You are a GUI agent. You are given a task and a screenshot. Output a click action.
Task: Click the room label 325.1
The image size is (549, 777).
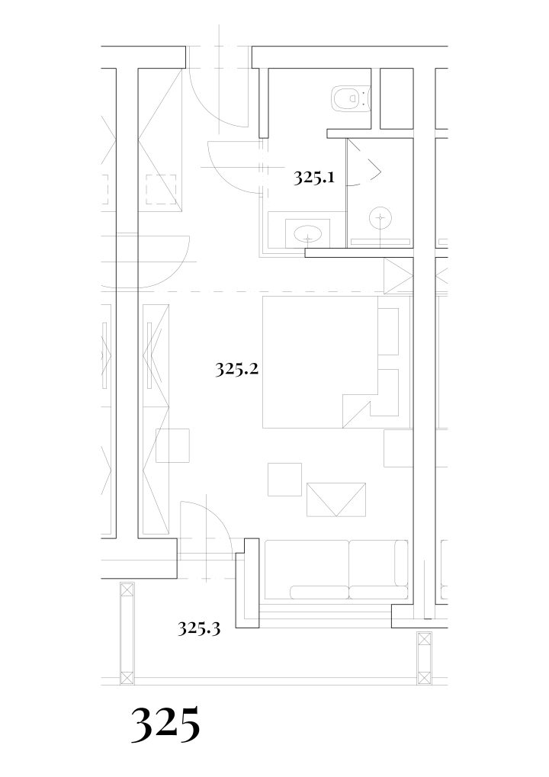[313, 177]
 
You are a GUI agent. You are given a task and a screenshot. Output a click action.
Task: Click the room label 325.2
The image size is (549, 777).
[237, 369]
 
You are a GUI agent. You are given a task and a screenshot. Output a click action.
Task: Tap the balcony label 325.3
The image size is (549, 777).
[199, 629]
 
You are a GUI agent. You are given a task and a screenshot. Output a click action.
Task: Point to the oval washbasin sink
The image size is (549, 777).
[308, 233]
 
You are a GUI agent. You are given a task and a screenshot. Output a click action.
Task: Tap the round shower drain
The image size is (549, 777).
[380, 217]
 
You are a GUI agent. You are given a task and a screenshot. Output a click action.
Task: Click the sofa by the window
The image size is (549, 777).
[336, 570]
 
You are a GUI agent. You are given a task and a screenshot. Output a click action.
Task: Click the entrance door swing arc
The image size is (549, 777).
[219, 98]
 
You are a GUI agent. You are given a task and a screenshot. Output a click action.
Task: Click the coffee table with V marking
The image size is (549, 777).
[336, 499]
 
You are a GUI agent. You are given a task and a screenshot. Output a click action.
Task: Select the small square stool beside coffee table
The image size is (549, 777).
[285, 479]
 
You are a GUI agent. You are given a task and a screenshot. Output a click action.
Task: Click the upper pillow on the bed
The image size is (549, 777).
[388, 332]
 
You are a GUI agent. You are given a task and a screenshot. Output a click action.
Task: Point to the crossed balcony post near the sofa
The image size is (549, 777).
[424, 657]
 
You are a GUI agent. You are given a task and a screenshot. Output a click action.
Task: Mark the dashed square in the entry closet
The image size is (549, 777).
[162, 189]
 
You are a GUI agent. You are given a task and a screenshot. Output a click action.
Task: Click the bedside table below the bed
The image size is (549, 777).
[398, 448]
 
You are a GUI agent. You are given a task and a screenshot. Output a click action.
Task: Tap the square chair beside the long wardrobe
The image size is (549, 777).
[172, 445]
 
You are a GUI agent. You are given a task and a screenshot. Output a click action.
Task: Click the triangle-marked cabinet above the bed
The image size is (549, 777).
[398, 276]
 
